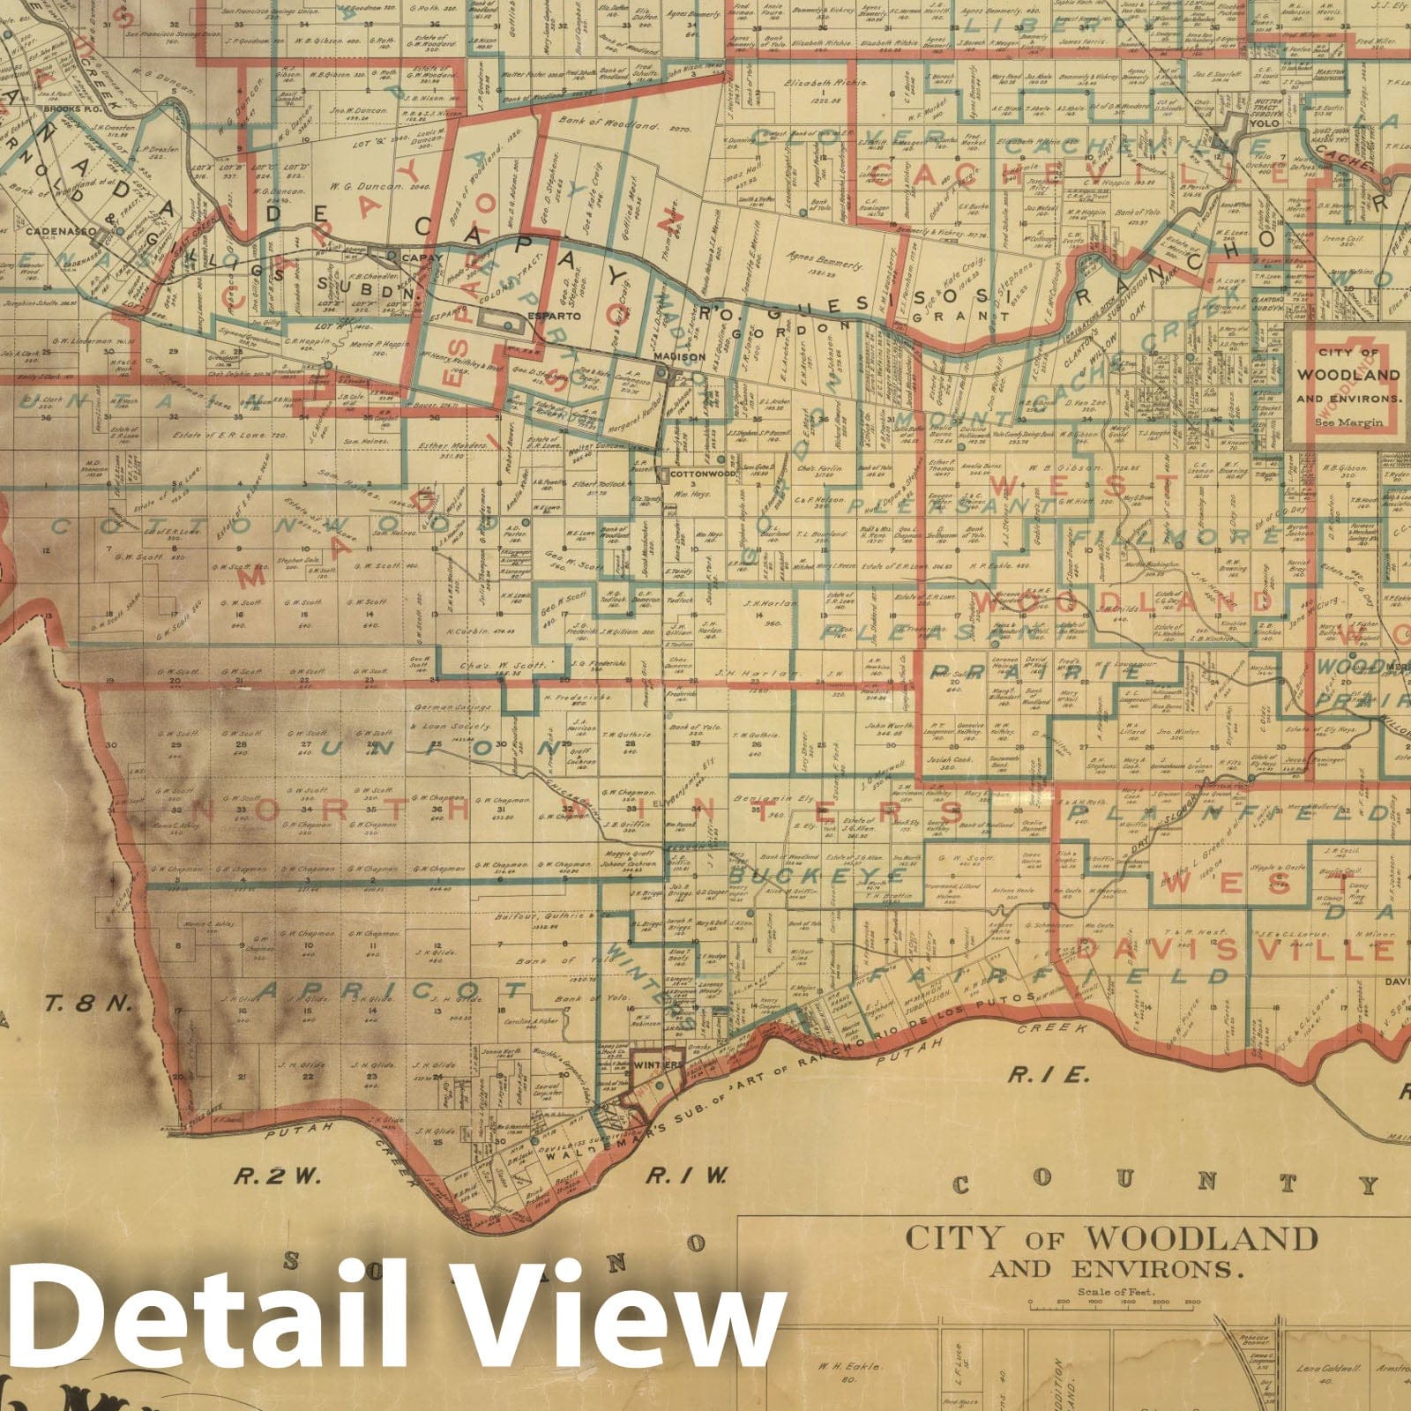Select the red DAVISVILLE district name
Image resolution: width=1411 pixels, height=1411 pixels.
1235,949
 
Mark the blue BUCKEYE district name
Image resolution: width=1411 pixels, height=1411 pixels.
803,876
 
